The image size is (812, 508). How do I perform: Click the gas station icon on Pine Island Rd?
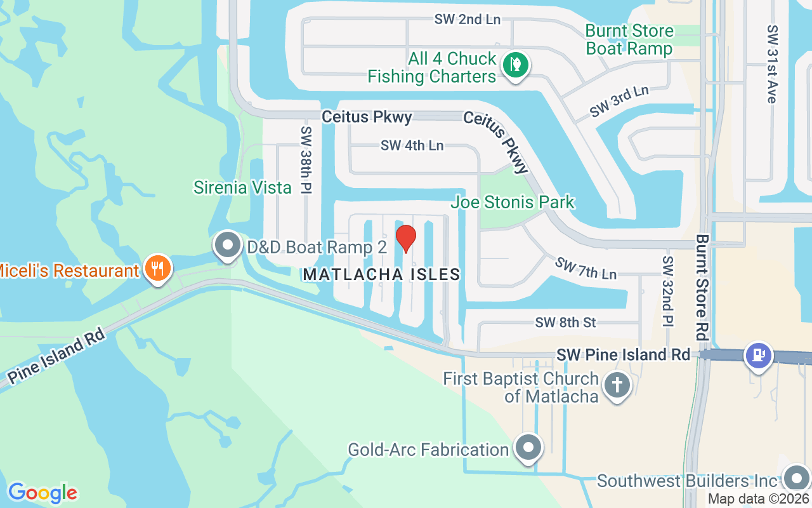[x=759, y=354]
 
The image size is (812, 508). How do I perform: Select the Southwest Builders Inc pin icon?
[x=796, y=478]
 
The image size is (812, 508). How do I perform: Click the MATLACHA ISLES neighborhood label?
[x=381, y=274]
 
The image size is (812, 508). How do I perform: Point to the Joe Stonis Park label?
[x=513, y=203]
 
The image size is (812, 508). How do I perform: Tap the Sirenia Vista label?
[x=242, y=187]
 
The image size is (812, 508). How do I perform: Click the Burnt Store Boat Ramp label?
[x=629, y=39]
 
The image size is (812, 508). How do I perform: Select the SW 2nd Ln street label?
[x=468, y=19]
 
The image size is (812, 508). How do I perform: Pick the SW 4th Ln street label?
[x=412, y=145]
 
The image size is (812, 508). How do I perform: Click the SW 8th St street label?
[x=565, y=323]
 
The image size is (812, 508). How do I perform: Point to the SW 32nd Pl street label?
[x=667, y=291]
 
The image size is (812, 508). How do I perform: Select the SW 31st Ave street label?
[x=771, y=64]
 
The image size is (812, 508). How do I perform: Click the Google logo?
[x=43, y=492]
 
